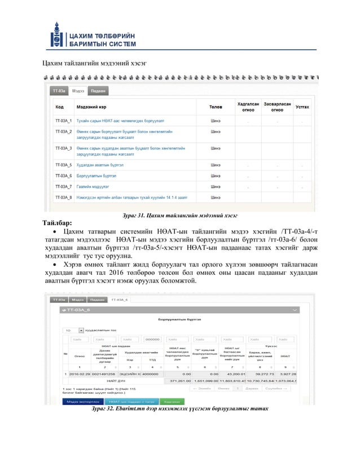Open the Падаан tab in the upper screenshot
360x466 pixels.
(98, 90)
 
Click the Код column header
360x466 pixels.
(59, 107)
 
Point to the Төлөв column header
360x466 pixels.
(215, 107)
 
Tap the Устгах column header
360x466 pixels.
(302, 107)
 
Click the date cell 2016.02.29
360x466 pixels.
(80, 373)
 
